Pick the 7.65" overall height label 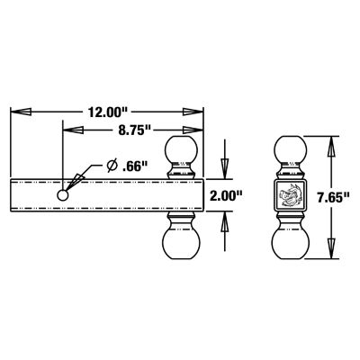pos(336,193)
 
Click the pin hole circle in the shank pos(62,195)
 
